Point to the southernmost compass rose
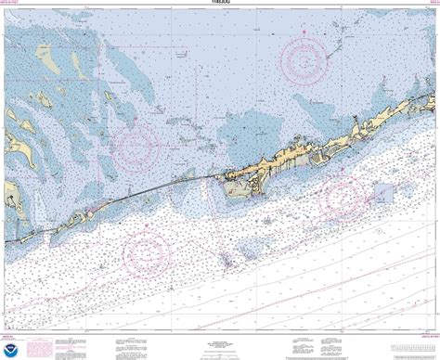click(147, 249)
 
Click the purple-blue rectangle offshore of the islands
click(384, 192)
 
